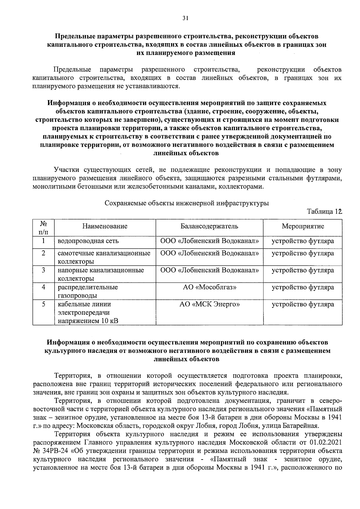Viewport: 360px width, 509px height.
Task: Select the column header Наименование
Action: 105,226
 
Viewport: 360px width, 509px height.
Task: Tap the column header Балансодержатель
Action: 209,226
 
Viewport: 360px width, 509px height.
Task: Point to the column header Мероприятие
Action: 303,226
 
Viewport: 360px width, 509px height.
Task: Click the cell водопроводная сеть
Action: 88,241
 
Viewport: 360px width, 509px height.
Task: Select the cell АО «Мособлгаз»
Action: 209,287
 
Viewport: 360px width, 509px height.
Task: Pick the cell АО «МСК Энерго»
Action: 209,304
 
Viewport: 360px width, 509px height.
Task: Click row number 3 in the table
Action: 43,270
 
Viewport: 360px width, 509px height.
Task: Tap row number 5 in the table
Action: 43,304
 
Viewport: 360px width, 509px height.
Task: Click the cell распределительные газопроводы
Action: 88,291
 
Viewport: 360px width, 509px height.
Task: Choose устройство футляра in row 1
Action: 303,241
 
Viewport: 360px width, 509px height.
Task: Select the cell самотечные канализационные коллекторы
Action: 104,257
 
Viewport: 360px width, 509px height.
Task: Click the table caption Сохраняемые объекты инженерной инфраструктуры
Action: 187,203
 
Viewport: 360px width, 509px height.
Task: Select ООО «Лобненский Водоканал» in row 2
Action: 209,253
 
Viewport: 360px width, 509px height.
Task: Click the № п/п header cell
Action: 43,228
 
